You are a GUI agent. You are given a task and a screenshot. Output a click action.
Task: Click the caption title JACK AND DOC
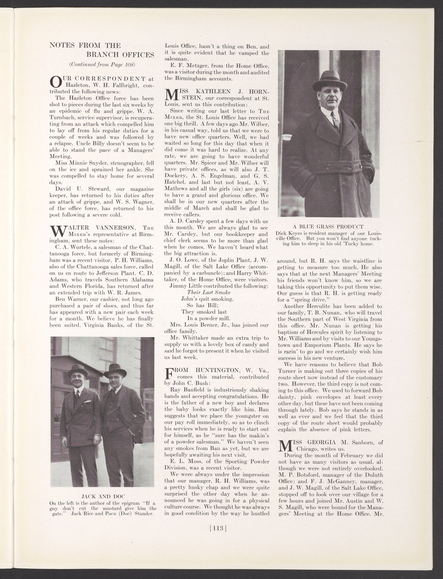click(x=102, y=497)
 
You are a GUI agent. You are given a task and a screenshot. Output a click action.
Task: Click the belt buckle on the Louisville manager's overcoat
click(x=350, y=167)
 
